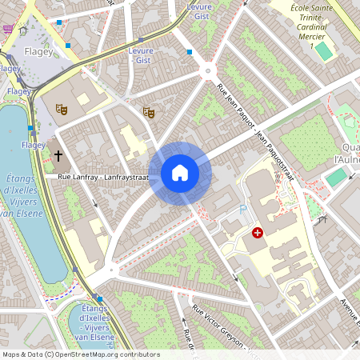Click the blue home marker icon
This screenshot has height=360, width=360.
coord(180,172)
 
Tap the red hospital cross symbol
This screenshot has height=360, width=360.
coord(257,233)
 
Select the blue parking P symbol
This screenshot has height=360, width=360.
coord(243,210)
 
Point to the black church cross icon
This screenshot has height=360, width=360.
coord(58,154)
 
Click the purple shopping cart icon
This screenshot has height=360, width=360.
coord(8,29)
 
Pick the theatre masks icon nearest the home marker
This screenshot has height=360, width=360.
coord(147,113)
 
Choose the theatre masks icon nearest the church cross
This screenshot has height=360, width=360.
coord(61,108)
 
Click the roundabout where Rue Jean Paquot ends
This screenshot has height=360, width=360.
coord(208,71)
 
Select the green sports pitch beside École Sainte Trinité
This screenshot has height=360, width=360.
coord(323,51)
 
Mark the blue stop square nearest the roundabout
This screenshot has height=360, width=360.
coord(190,52)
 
